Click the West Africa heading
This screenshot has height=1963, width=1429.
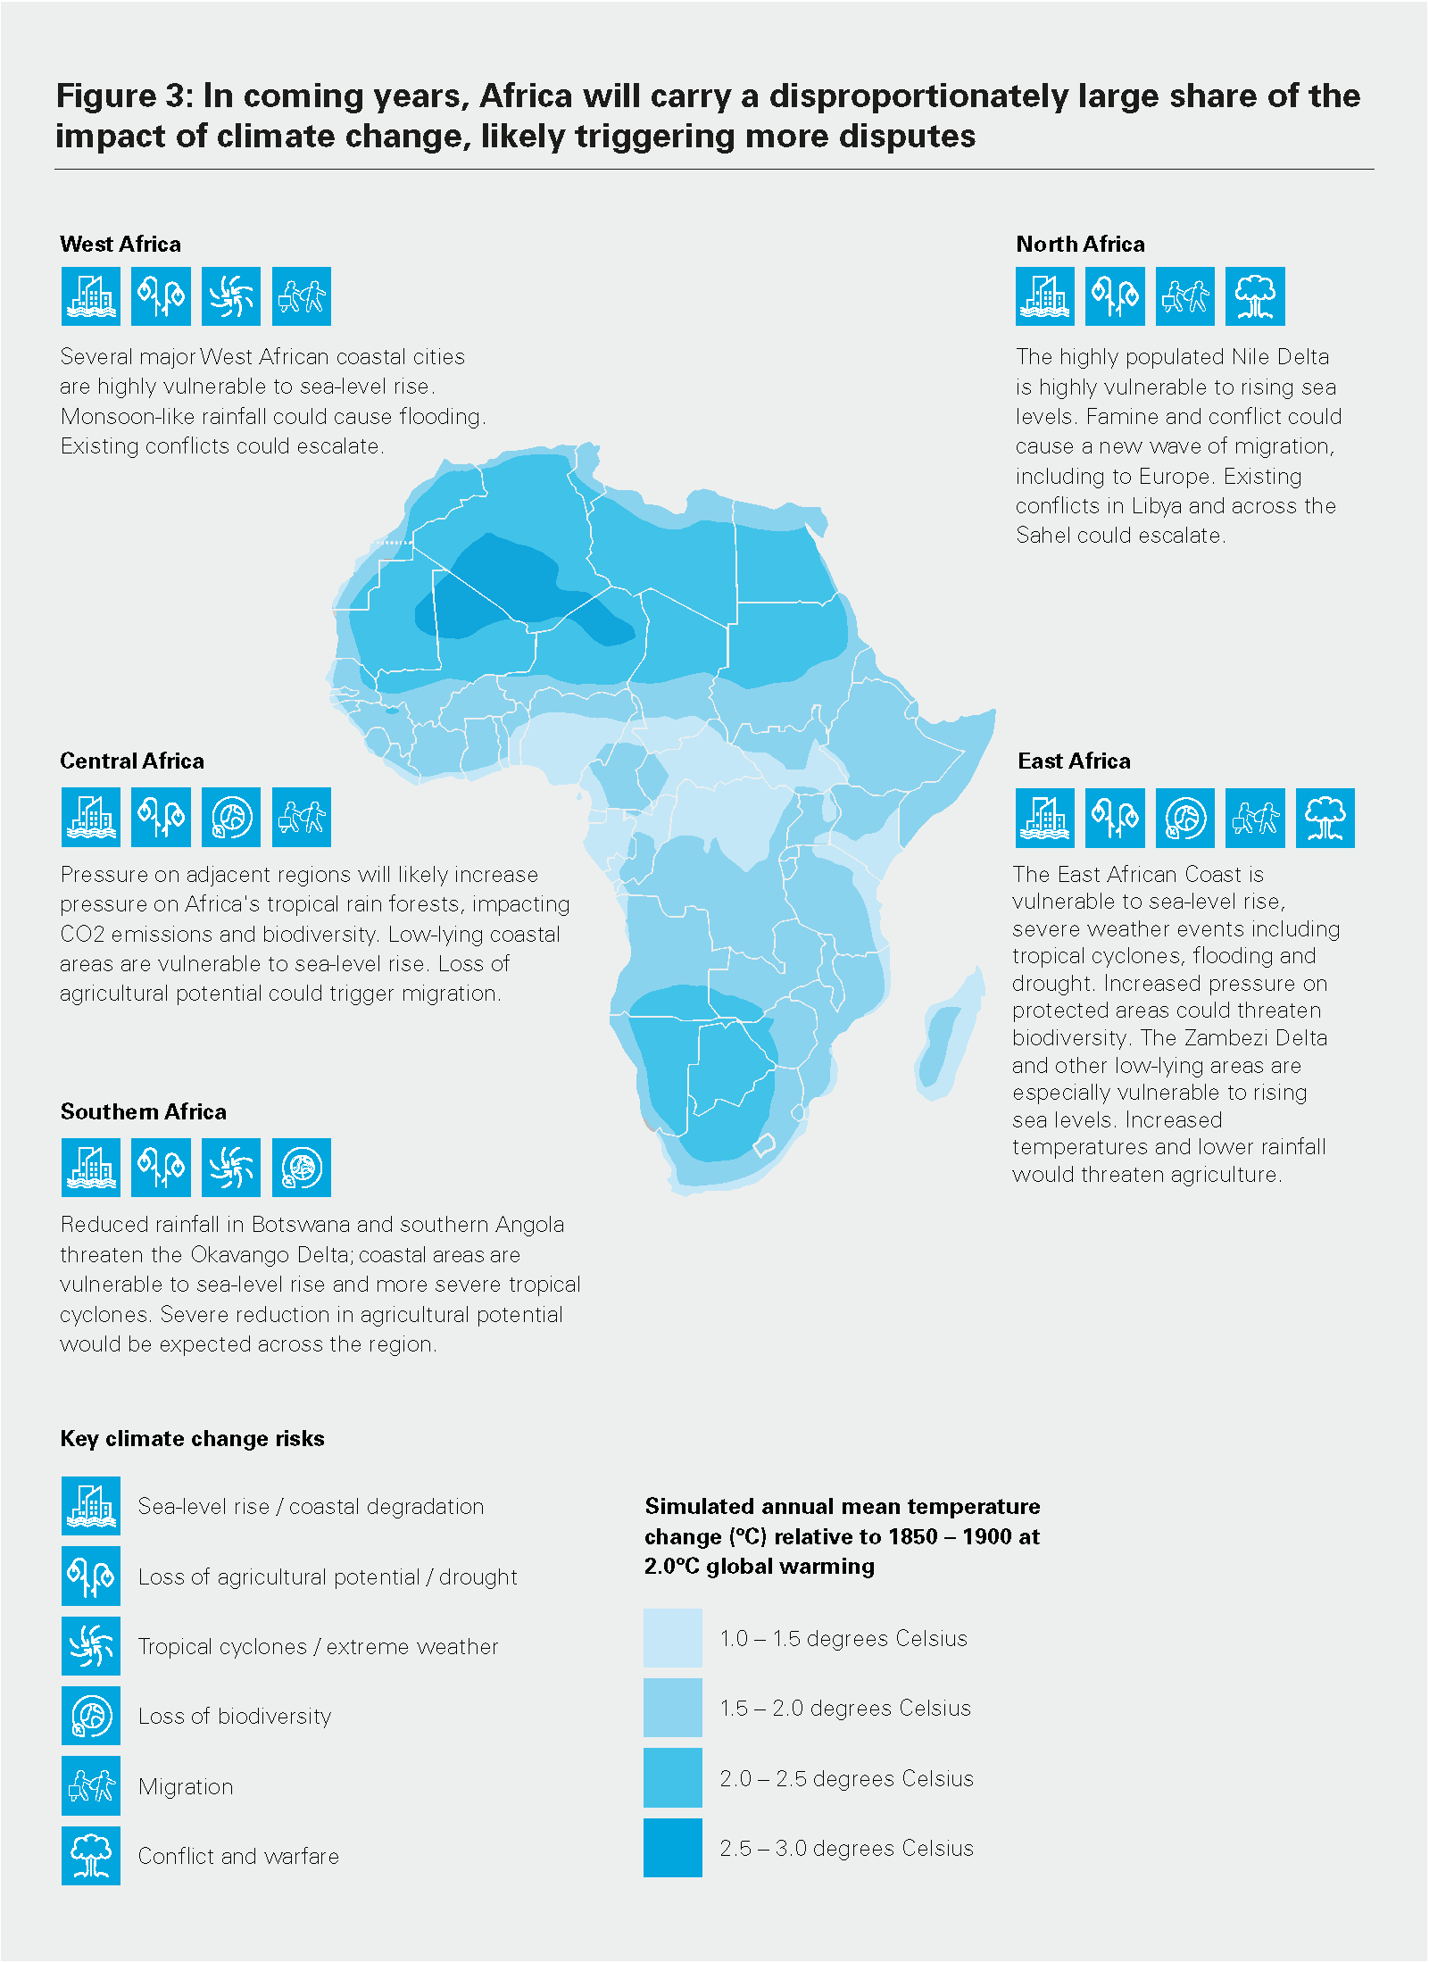pyautogui.click(x=120, y=244)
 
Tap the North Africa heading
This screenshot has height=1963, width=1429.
pyautogui.click(x=1080, y=244)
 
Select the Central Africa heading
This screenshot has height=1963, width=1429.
pyautogui.click(x=132, y=761)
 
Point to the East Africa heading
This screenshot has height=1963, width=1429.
pyautogui.click(x=1074, y=761)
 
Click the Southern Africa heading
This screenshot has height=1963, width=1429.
pyautogui.click(x=144, y=1111)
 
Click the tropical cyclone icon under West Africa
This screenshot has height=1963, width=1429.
pyautogui.click(x=231, y=296)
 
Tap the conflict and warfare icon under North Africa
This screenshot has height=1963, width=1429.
pyautogui.click(x=1255, y=296)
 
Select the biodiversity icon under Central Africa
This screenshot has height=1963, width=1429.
pyautogui.click(x=231, y=817)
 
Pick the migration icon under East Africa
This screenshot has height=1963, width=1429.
pyautogui.click(x=1255, y=818)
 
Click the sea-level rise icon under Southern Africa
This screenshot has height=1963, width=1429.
pyautogui.click(x=91, y=1168)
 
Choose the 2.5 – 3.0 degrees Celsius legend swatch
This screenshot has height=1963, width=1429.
pyautogui.click(x=673, y=1848)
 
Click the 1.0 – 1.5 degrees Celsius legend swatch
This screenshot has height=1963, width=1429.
pyautogui.click(x=673, y=1638)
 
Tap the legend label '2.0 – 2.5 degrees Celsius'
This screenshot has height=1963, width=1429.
pyautogui.click(x=846, y=1778)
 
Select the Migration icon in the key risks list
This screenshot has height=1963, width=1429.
pyautogui.click(x=91, y=1786)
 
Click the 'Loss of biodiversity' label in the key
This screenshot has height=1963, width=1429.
pyautogui.click(x=235, y=1716)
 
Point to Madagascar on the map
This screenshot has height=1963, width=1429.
pyautogui.click(x=951, y=1036)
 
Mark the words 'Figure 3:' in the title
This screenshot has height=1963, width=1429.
pyautogui.click(x=124, y=96)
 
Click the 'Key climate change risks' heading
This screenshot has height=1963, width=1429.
pyautogui.click(x=193, y=1438)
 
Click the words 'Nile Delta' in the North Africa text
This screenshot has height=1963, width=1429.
pyautogui.click(x=1280, y=357)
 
